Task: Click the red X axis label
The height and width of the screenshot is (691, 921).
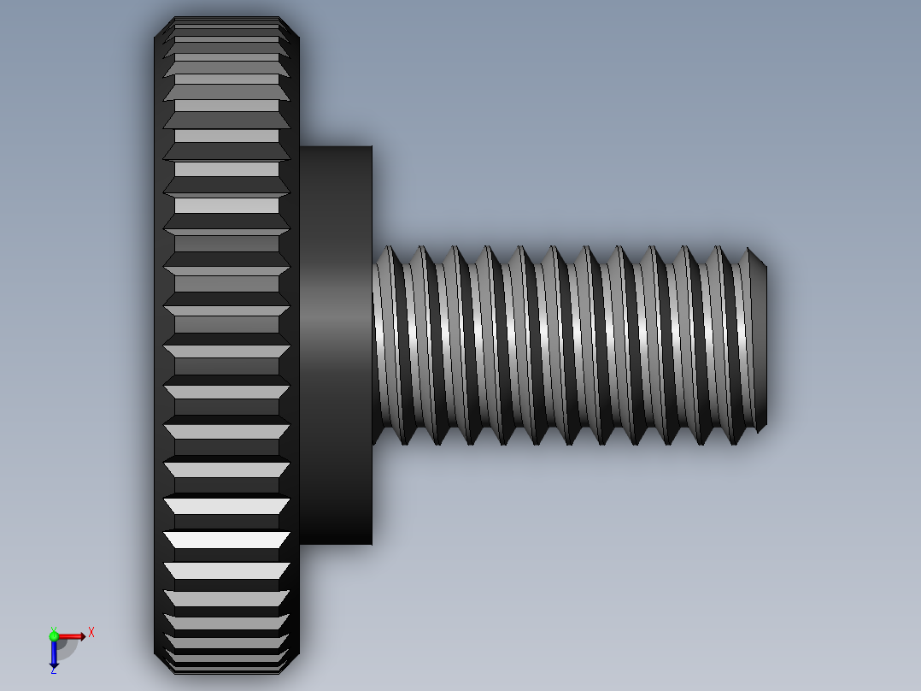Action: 91,633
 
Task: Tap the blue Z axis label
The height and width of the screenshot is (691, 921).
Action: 53,670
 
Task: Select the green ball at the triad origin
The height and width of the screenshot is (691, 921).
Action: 54,635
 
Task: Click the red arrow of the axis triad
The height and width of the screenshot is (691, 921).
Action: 73,635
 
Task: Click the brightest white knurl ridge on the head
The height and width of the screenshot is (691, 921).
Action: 226,540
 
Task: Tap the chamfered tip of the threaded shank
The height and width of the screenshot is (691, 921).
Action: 756,257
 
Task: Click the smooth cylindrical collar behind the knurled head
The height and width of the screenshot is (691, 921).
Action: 335,342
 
